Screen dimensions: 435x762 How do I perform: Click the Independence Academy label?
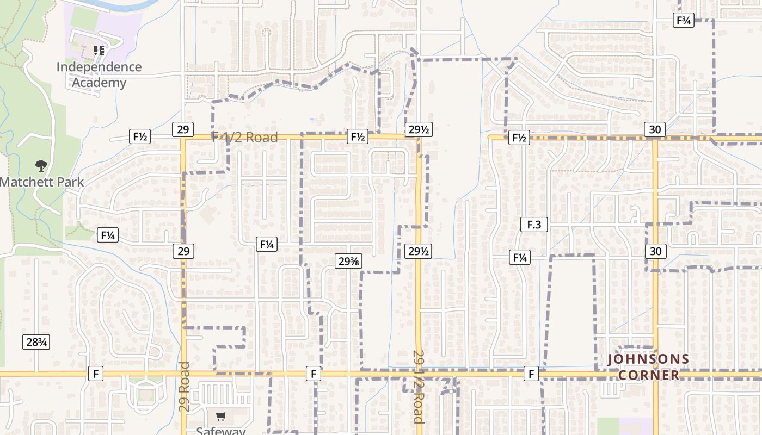click(99, 75)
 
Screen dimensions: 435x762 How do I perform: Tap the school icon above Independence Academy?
click(99, 51)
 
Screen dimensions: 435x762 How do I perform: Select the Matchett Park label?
click(42, 182)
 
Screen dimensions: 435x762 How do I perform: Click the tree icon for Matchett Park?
click(41, 166)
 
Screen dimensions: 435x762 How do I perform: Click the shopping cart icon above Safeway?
click(220, 417)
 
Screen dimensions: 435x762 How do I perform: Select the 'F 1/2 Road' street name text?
click(244, 138)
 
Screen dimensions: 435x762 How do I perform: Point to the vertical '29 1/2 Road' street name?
click(418, 386)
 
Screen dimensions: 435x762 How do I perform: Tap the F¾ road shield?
click(683, 21)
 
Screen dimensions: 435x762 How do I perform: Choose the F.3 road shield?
click(533, 224)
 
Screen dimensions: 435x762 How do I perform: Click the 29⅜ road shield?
click(348, 262)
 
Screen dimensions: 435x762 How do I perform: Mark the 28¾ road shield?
click(36, 342)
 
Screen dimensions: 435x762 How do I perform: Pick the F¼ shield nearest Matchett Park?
click(108, 235)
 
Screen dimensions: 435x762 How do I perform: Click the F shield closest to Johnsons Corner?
click(531, 374)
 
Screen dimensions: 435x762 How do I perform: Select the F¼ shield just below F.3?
click(519, 257)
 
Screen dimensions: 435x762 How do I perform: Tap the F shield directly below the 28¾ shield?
click(95, 374)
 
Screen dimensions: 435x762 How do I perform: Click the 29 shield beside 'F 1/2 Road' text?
click(183, 129)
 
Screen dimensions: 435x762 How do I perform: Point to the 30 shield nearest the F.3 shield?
click(656, 251)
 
